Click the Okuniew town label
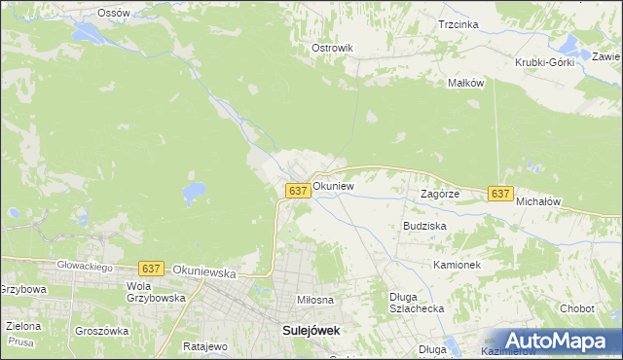pos(333,185)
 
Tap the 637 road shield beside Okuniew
pos(299,191)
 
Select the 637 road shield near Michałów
pos(500,194)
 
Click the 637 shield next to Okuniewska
pos(150,268)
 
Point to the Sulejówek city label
pos(311,330)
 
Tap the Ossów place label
pos(114,13)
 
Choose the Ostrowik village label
pos(331,48)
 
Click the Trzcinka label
pos(458,24)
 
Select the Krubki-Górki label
pos(545,62)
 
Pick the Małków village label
pos(465,83)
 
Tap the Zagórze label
pos(439,194)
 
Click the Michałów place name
pos(539,201)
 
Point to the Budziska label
pos(424,225)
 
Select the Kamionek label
pos(458,264)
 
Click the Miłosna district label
pos(315,300)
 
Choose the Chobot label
pos(577,308)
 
